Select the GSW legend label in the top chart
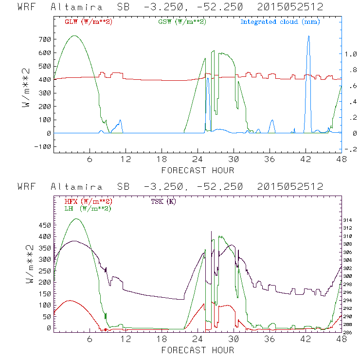click(x=182, y=21)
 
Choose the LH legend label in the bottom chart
click(x=88, y=208)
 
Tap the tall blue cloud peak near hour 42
click(x=308, y=36)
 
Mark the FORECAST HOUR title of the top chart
click(x=198, y=170)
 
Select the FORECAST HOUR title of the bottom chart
click(x=198, y=350)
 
